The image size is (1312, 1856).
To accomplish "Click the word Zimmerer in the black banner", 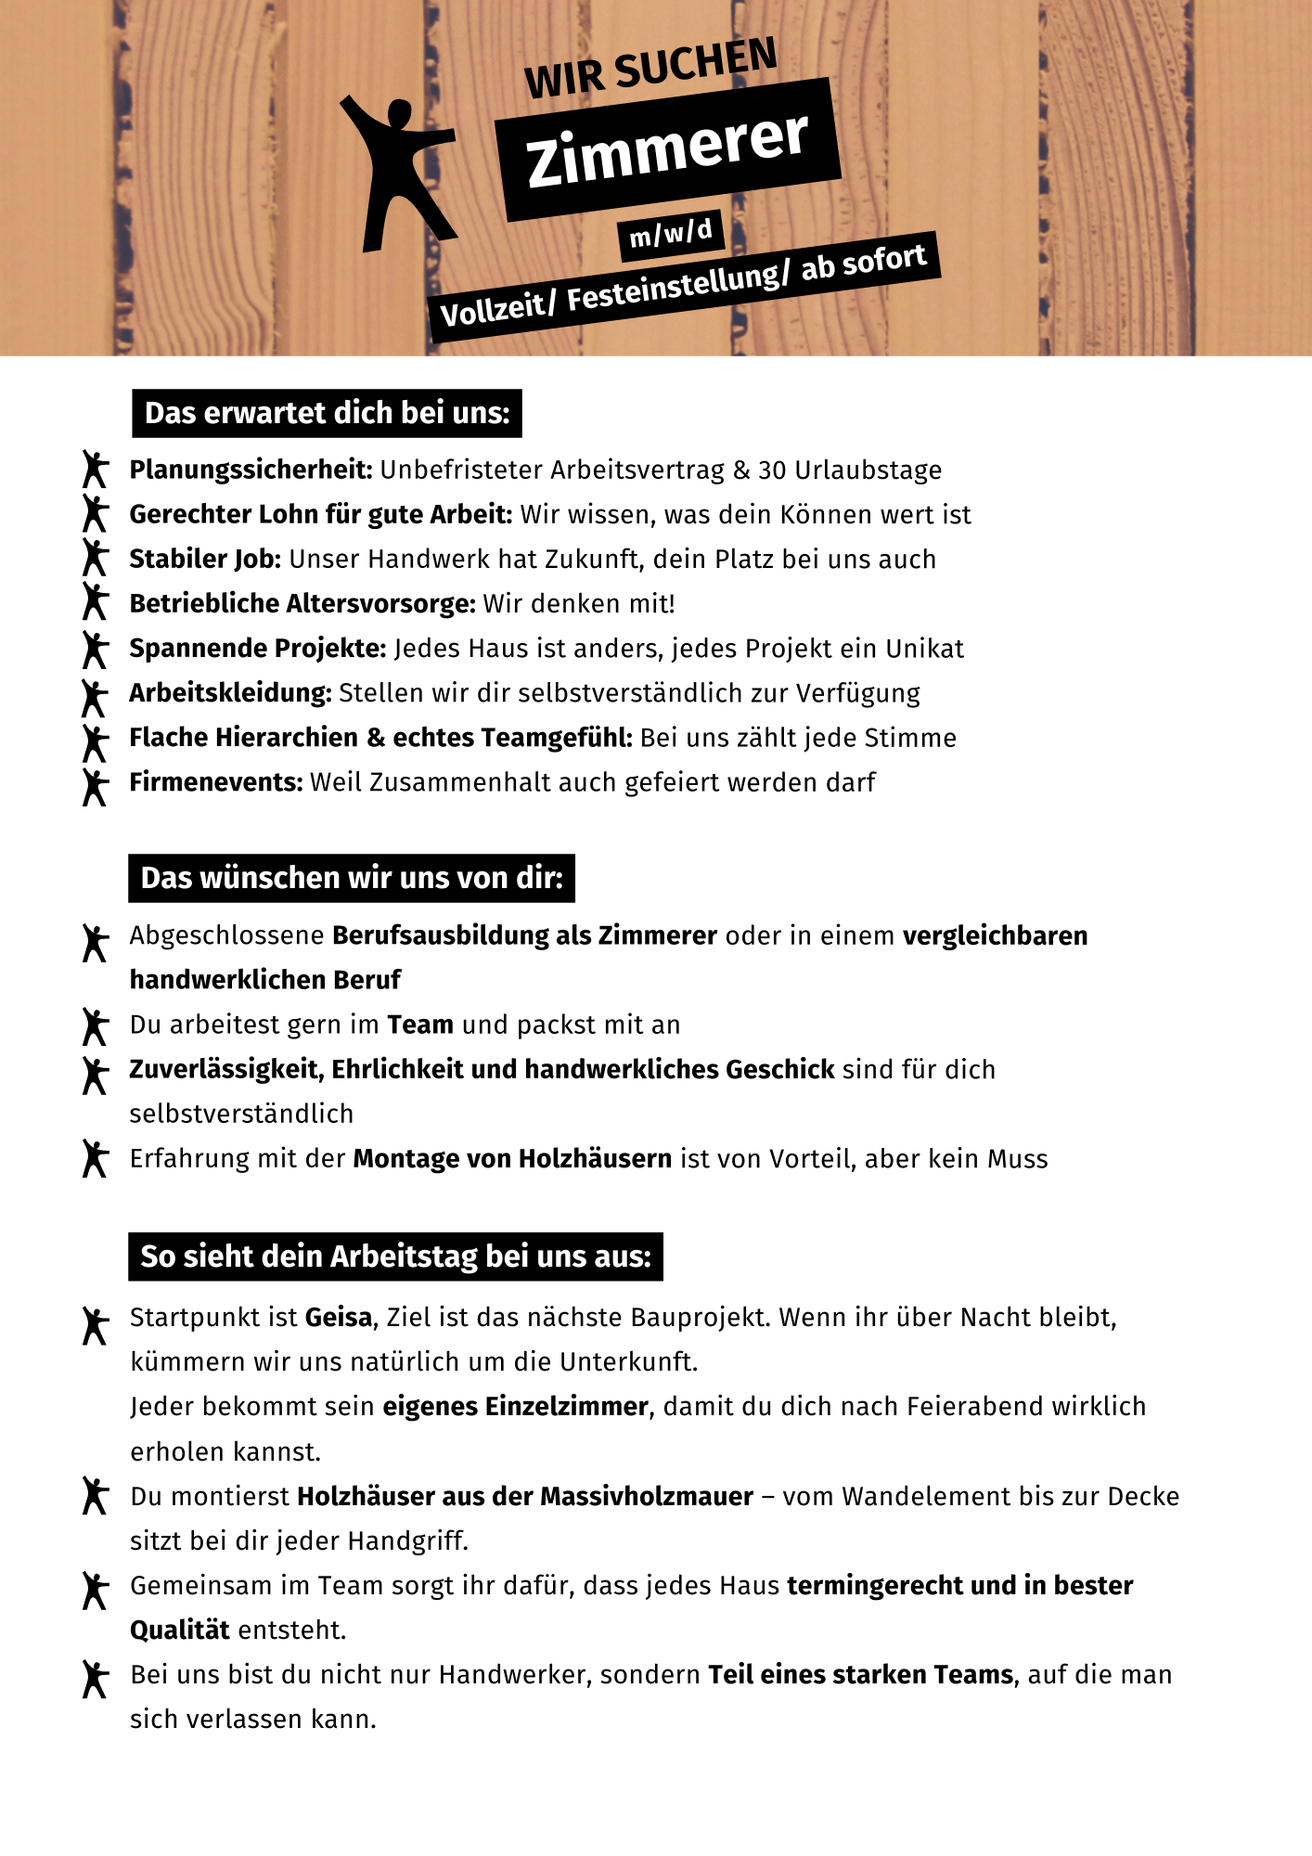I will point(667,148).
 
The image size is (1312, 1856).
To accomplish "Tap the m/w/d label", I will point(671,233).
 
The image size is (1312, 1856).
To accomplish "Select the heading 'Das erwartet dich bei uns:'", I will point(327,413).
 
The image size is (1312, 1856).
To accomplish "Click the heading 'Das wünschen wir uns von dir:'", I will point(352,878).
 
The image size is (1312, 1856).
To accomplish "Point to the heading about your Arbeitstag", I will point(395,1257).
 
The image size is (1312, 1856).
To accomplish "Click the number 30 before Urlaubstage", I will point(772,470).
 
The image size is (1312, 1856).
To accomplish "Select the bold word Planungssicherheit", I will point(251,470).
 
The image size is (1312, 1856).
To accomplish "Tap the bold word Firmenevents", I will point(215,782).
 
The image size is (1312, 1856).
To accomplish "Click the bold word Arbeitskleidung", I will point(230,693).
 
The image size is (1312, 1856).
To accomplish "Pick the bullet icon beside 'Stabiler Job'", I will point(95,558).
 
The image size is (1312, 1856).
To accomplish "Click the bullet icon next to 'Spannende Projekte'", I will point(95,649).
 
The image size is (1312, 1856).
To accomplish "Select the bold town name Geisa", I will point(339,1318).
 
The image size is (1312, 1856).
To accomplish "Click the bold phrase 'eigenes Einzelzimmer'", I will point(515,1407).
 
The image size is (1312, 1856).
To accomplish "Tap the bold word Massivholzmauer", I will point(647,1497).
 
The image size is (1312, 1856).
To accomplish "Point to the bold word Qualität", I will point(179,1630).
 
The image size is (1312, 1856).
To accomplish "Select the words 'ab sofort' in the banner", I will point(864,262).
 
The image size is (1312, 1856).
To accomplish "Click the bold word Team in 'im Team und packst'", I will point(420,1025).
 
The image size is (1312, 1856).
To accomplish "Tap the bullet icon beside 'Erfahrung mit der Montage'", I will point(95,1158).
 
